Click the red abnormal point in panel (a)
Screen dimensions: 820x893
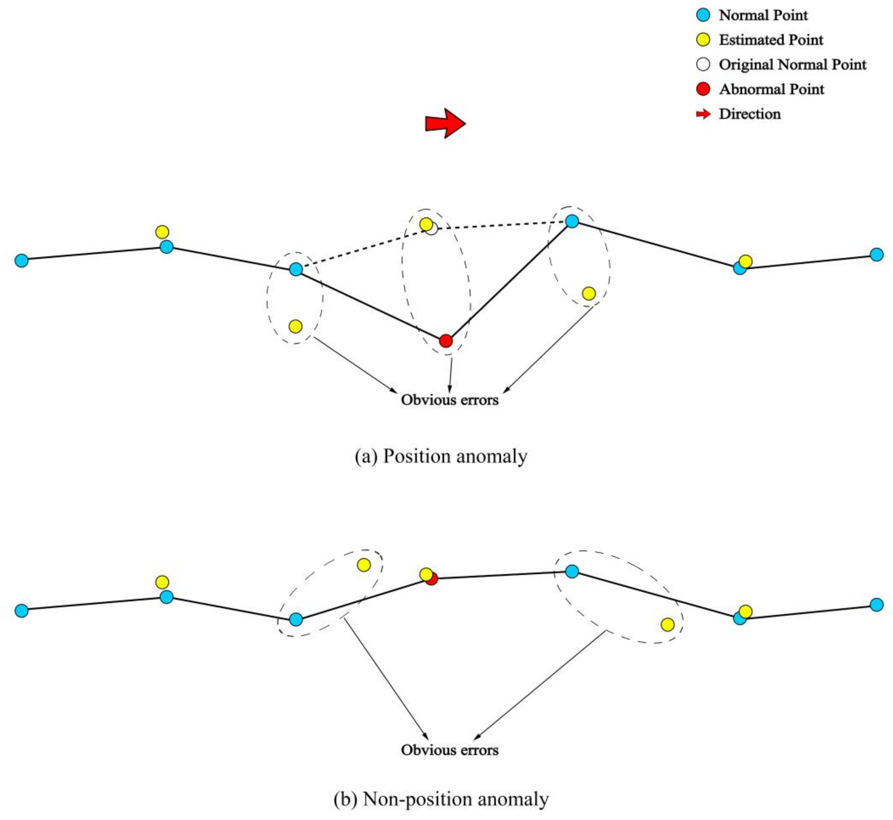tap(446, 341)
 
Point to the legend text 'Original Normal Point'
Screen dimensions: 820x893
tap(792, 65)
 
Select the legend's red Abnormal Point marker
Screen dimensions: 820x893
tap(703, 89)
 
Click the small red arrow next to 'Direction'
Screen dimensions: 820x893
tap(703, 114)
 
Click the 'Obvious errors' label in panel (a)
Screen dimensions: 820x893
tap(449, 400)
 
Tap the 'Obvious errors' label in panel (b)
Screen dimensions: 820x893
tap(449, 750)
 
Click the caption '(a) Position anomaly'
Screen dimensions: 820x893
tap(441, 456)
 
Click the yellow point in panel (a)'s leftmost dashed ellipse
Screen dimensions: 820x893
tap(295, 327)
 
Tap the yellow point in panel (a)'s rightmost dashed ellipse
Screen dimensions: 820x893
tap(589, 293)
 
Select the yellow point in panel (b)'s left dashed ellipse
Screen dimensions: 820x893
tap(364, 565)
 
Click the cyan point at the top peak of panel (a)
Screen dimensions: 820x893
tap(572, 221)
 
